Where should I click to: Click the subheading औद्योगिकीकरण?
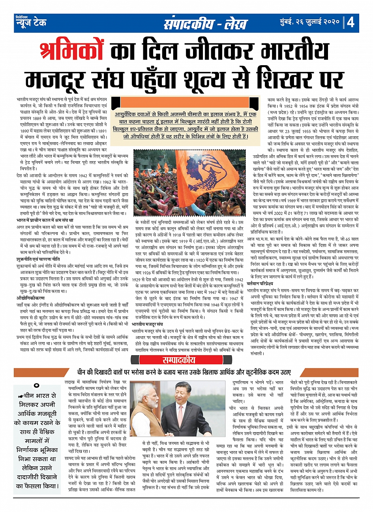click(31, 297)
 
